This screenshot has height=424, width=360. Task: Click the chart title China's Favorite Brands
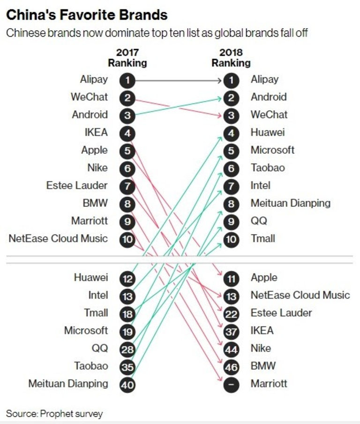[87, 15]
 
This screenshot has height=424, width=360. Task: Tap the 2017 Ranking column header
[127, 57]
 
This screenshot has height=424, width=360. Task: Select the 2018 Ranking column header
[231, 57]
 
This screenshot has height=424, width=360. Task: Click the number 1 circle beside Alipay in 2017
[127, 80]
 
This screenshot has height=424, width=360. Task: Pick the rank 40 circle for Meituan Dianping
[127, 384]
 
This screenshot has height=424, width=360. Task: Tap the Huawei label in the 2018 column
[267, 132]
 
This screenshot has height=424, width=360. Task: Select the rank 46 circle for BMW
[231, 366]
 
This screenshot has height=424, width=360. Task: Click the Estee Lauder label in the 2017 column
[77, 185]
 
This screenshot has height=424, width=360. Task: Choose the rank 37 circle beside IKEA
[231, 331]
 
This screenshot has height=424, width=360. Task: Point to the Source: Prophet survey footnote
[54, 413]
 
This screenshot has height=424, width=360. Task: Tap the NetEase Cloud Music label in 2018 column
[300, 295]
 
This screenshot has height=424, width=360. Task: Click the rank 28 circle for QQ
[127, 348]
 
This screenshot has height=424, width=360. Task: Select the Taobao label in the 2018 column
[267, 167]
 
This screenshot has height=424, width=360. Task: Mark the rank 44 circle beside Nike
[231, 348]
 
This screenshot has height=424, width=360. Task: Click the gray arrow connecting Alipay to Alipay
[178, 80]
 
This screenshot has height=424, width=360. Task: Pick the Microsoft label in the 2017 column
[86, 330]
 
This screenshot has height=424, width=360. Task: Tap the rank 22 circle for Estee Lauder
[231, 313]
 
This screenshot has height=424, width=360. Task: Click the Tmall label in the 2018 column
[262, 238]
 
